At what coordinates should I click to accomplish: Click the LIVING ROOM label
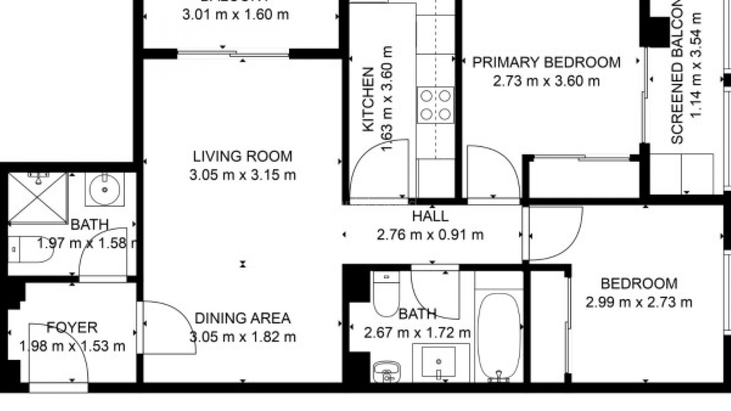pyautogui.click(x=242, y=156)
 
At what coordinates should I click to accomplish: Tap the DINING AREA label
pyautogui.click(x=242, y=318)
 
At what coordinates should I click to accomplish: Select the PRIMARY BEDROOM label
pyautogui.click(x=546, y=62)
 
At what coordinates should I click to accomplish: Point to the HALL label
pyautogui.click(x=430, y=217)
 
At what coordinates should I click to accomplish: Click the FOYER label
pyautogui.click(x=72, y=327)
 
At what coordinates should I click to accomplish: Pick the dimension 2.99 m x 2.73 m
pyautogui.click(x=638, y=303)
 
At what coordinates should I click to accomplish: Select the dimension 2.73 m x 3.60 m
pyautogui.click(x=546, y=81)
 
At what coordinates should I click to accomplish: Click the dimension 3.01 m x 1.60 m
pyautogui.click(x=235, y=15)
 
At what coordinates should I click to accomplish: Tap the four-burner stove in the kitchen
pyautogui.click(x=436, y=105)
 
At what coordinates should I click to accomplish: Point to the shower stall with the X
pyautogui.click(x=37, y=197)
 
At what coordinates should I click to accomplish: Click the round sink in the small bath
pyautogui.click(x=105, y=189)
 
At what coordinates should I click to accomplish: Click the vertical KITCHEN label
pyautogui.click(x=368, y=100)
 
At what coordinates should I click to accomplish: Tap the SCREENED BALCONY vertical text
pyautogui.click(x=677, y=72)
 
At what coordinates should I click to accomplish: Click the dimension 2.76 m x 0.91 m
pyautogui.click(x=430, y=235)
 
